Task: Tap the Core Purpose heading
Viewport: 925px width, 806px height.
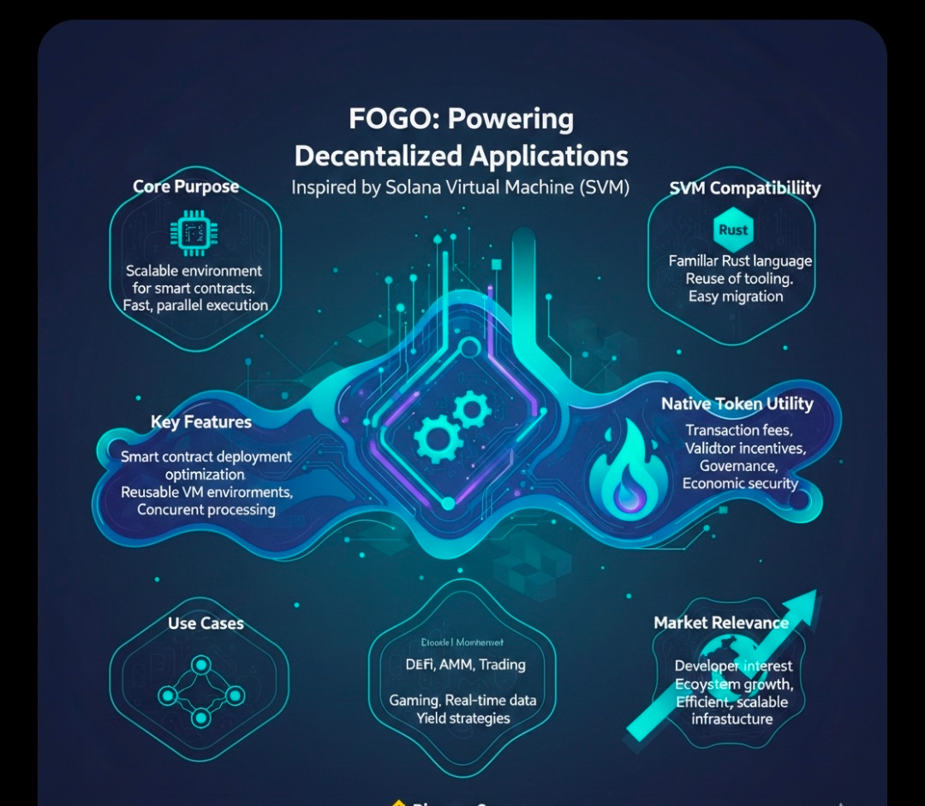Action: (x=186, y=187)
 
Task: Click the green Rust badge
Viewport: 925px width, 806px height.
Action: (x=733, y=230)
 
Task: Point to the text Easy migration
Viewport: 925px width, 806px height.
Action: (x=736, y=296)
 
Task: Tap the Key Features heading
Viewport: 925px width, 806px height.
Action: (x=201, y=421)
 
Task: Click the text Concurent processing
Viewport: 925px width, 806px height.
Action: (x=206, y=510)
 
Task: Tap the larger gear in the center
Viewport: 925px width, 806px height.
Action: (x=436, y=439)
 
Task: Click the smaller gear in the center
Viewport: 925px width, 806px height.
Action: (x=472, y=409)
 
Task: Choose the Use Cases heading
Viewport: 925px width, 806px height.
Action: (x=206, y=623)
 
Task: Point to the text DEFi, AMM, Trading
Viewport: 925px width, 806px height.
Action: (x=465, y=665)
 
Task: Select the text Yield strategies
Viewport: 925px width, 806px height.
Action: (x=463, y=718)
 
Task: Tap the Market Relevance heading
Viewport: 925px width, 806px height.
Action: (x=721, y=623)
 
